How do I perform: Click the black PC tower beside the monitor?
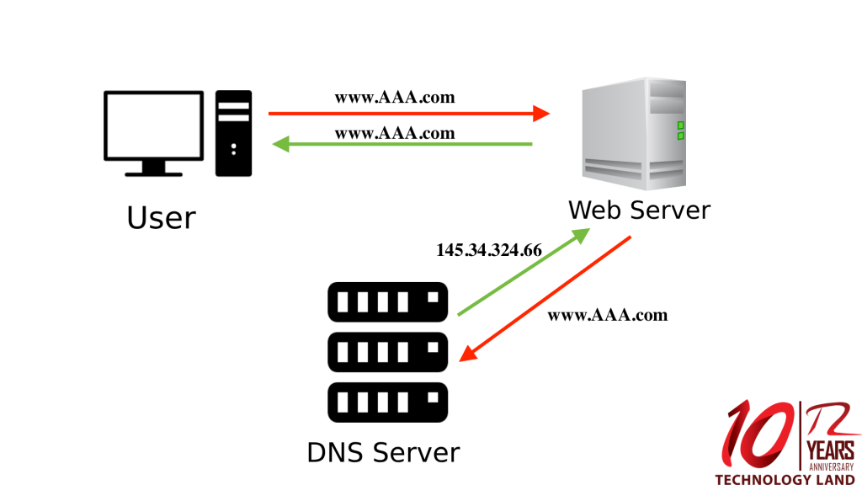coord(234,133)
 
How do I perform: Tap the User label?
coord(161,218)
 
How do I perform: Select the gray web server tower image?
coord(634,135)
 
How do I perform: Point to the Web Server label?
coord(639,209)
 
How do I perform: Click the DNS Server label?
coord(383,452)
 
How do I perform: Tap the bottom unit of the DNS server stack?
coord(387,402)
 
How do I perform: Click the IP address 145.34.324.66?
coord(489,250)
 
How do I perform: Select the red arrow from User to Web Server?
coord(408,113)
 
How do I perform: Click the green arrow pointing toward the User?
coord(402,144)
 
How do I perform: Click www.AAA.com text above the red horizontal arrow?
coord(395,97)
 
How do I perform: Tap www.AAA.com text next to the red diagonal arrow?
coord(607,315)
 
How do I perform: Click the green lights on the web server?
coord(680,130)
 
